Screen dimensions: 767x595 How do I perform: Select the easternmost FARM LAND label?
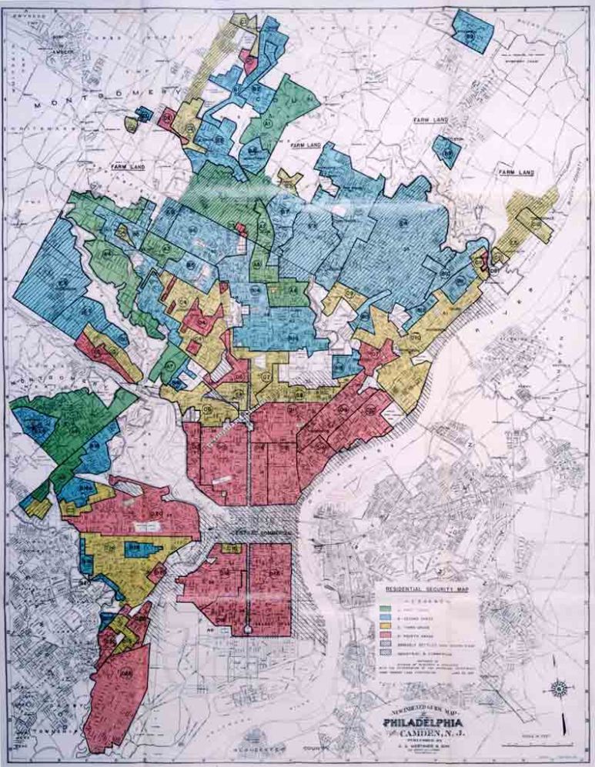[515, 172]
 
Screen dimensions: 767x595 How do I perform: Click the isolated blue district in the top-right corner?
[471, 30]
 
